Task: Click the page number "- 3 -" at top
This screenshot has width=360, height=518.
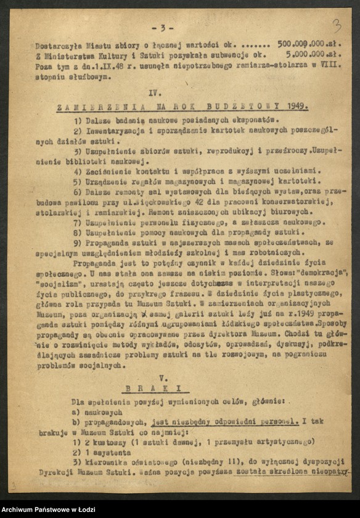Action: [x=162, y=28]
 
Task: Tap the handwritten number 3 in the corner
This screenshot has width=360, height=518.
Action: [x=337, y=26]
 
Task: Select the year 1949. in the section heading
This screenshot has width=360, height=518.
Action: [x=294, y=106]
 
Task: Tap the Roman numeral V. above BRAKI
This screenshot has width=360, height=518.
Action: [x=163, y=376]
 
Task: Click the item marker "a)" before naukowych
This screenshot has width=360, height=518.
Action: [x=76, y=412]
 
